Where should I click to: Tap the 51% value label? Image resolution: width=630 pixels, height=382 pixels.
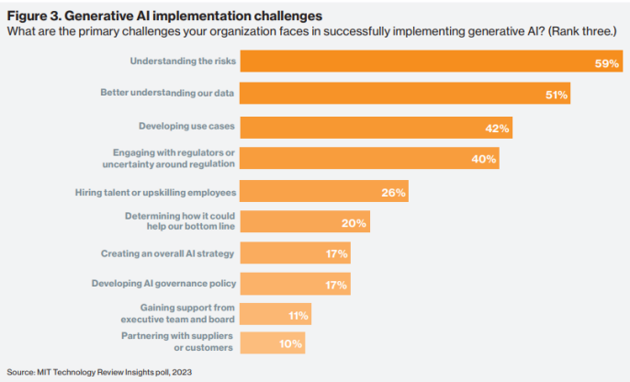[x=557, y=95]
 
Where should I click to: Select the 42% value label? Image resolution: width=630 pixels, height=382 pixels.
[x=497, y=127]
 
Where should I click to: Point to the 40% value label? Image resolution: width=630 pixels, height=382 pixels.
[x=484, y=158]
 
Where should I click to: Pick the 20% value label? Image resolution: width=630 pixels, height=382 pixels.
[x=354, y=222]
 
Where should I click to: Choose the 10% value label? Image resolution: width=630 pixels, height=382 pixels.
[x=290, y=343]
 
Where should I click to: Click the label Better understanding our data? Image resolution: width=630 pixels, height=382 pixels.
[x=167, y=94]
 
